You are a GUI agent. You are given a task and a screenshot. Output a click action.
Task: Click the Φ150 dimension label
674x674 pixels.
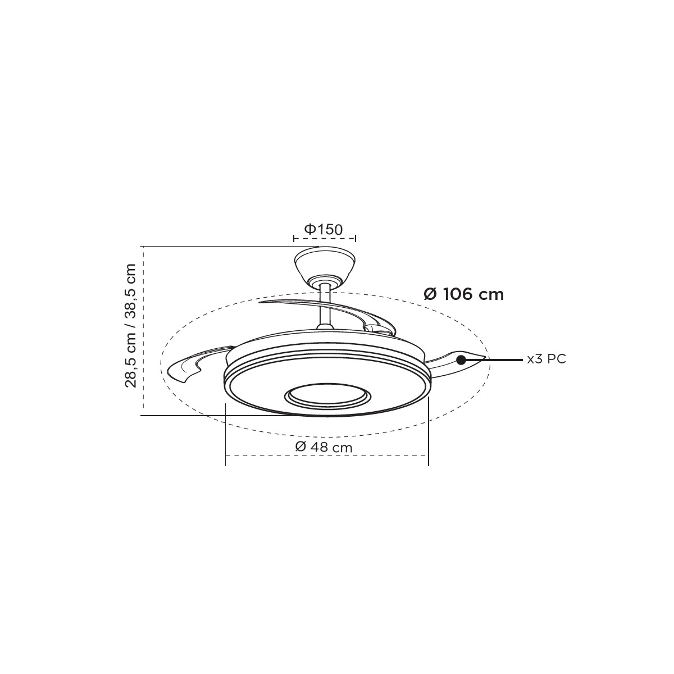point(324,230)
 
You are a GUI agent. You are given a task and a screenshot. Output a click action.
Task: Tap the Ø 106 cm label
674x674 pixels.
point(463,295)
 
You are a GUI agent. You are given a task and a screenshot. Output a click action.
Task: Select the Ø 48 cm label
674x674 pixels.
point(324,447)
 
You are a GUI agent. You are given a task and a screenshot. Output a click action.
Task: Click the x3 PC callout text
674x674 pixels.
point(547,359)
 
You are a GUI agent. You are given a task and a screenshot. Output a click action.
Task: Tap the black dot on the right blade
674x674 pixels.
point(461,360)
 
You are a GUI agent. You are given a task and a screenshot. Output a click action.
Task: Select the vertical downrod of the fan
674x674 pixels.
point(325,306)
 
